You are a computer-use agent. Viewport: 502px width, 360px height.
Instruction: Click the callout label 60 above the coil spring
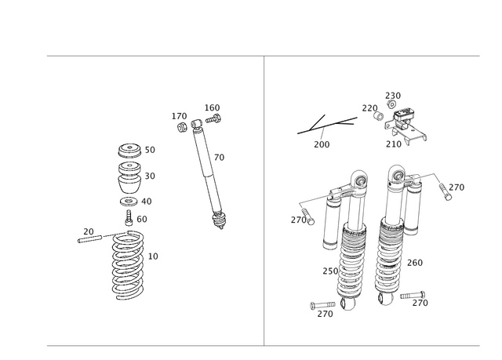coord(142,220)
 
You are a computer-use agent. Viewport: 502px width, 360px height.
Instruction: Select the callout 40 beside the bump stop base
coord(149,201)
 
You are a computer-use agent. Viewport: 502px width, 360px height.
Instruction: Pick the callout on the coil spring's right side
coord(155,256)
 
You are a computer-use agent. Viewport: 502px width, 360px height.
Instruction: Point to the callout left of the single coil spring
coord(89,231)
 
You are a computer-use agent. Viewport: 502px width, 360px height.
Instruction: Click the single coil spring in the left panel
coord(127,265)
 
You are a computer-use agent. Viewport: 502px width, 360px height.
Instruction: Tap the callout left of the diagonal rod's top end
coord(179,116)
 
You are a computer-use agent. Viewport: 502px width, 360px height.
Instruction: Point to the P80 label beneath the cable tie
coord(320,144)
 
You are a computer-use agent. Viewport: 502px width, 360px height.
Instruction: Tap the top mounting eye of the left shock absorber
coord(358,176)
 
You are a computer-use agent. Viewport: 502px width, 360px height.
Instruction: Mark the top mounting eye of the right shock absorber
coord(397,169)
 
